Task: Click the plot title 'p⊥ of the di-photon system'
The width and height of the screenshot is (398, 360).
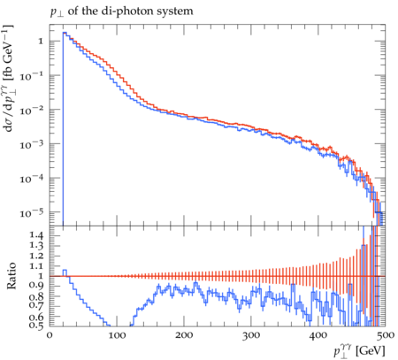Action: tap(121, 11)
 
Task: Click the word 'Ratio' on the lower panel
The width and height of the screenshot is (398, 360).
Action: tap(11, 276)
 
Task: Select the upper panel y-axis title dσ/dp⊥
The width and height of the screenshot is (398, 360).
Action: tap(8, 78)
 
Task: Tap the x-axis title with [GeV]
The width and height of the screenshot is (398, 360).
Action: tap(359, 351)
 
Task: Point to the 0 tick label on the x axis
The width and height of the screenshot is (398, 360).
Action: tap(50, 335)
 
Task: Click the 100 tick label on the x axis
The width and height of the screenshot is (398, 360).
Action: tap(117, 335)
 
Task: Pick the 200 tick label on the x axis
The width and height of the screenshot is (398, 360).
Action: tap(184, 335)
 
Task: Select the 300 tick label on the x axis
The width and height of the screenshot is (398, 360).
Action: tap(251, 335)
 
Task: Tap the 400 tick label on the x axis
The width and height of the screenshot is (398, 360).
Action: tap(318, 335)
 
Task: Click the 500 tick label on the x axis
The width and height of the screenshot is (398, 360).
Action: tap(385, 335)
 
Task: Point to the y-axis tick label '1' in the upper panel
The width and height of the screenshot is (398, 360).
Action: tap(41, 41)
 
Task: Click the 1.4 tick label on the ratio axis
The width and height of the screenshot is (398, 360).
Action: tap(36, 235)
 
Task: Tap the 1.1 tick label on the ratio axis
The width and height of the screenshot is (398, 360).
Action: tap(36, 265)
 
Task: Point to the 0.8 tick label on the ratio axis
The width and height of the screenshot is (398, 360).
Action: tap(36, 295)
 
